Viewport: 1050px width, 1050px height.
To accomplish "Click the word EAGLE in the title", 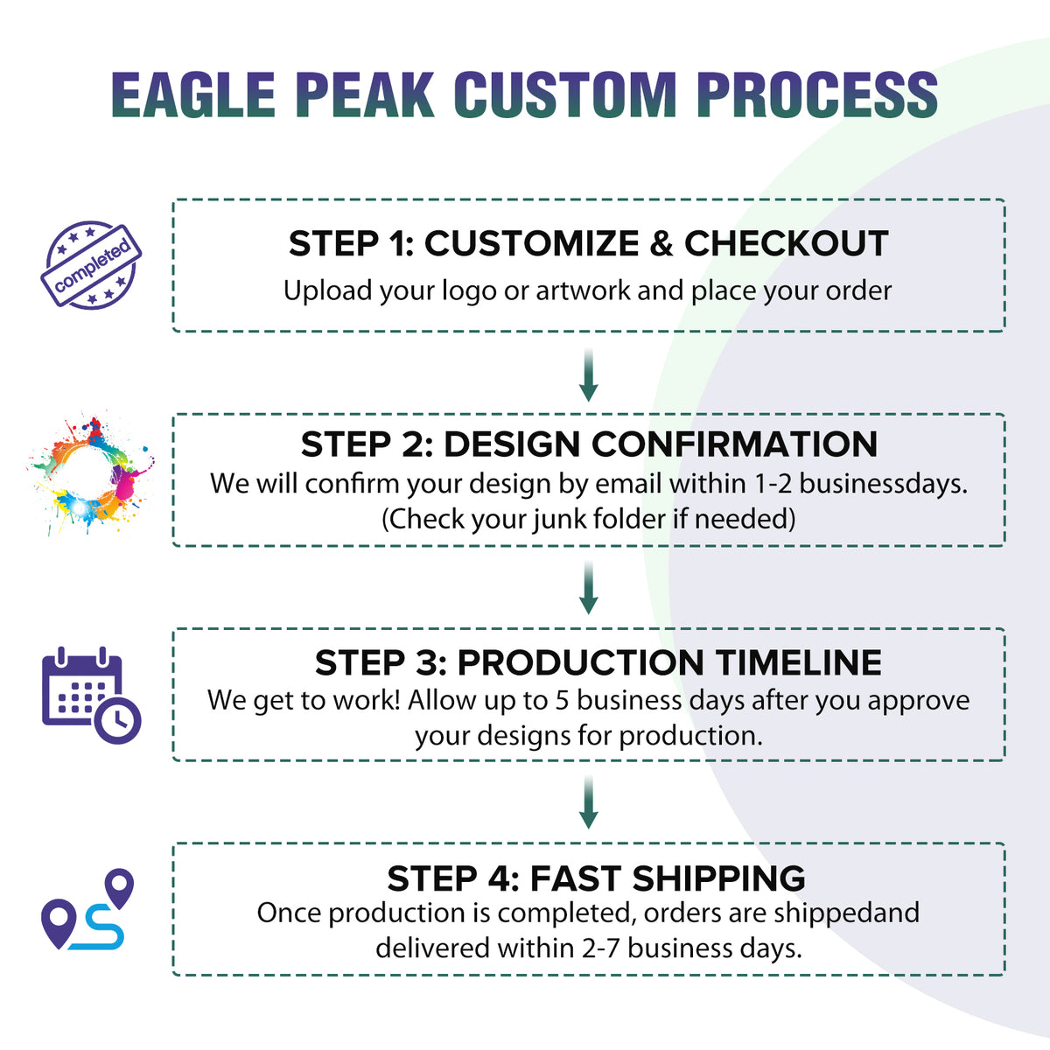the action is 193,94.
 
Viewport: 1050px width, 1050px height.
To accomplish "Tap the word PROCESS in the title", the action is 817,94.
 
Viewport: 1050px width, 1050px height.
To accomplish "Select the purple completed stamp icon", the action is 91,265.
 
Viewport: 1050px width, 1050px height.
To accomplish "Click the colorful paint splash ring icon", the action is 90,472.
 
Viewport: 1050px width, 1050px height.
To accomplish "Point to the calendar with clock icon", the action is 91,696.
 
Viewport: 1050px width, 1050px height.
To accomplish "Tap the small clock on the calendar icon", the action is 118,720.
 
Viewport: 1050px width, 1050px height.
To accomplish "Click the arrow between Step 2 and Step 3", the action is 589,588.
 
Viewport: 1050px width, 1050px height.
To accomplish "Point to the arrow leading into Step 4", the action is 589,802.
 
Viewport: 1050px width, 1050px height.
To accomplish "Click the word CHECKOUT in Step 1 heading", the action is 787,243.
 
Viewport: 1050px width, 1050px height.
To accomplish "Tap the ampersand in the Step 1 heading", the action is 661,243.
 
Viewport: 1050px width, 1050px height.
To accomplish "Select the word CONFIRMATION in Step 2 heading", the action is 734,444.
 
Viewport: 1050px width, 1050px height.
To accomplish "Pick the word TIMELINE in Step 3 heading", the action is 799,662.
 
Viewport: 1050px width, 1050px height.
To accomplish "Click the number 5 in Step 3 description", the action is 562,701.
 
